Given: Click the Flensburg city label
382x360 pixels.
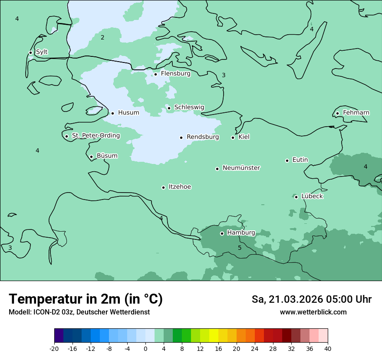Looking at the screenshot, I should pyautogui.click(x=175, y=74).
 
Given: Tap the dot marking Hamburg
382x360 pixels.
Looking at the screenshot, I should pyautogui.click(x=222, y=233).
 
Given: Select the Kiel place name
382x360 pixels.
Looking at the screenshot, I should pyautogui.click(x=244, y=137).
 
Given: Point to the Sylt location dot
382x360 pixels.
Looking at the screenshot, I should pyautogui.click(x=30, y=52).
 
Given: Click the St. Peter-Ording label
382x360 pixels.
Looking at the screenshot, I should pyautogui.click(x=95, y=136).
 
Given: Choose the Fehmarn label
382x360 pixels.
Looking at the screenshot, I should pyautogui.click(x=356, y=113).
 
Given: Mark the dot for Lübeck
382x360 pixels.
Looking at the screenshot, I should pyautogui.click(x=296, y=197).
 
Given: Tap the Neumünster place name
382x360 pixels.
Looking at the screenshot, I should pyautogui.click(x=241, y=168).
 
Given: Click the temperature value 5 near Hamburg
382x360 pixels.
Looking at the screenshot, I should pyautogui.click(x=240, y=248).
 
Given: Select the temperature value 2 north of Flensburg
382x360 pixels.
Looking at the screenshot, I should pyautogui.click(x=102, y=37).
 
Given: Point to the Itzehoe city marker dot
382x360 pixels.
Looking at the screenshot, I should pyautogui.click(x=163, y=187).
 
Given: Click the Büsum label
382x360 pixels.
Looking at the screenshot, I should pyautogui.click(x=107, y=156).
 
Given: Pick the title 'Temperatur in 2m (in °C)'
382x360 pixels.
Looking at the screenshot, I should pyautogui.click(x=86, y=299).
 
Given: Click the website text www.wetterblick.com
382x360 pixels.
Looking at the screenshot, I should pyautogui.click(x=313, y=312).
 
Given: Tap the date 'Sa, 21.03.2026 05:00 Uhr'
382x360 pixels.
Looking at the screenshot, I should pyautogui.click(x=311, y=299).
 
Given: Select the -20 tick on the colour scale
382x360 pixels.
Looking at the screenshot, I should pyautogui.click(x=54, y=348).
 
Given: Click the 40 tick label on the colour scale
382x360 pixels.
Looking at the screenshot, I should pyautogui.click(x=328, y=348).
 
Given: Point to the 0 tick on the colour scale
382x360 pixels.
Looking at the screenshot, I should pyautogui.click(x=145, y=348).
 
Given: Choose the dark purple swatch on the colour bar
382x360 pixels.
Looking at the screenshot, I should pyautogui.click(x=59, y=336).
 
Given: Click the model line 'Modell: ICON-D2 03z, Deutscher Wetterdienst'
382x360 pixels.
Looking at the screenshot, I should pyautogui.click(x=79, y=312).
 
